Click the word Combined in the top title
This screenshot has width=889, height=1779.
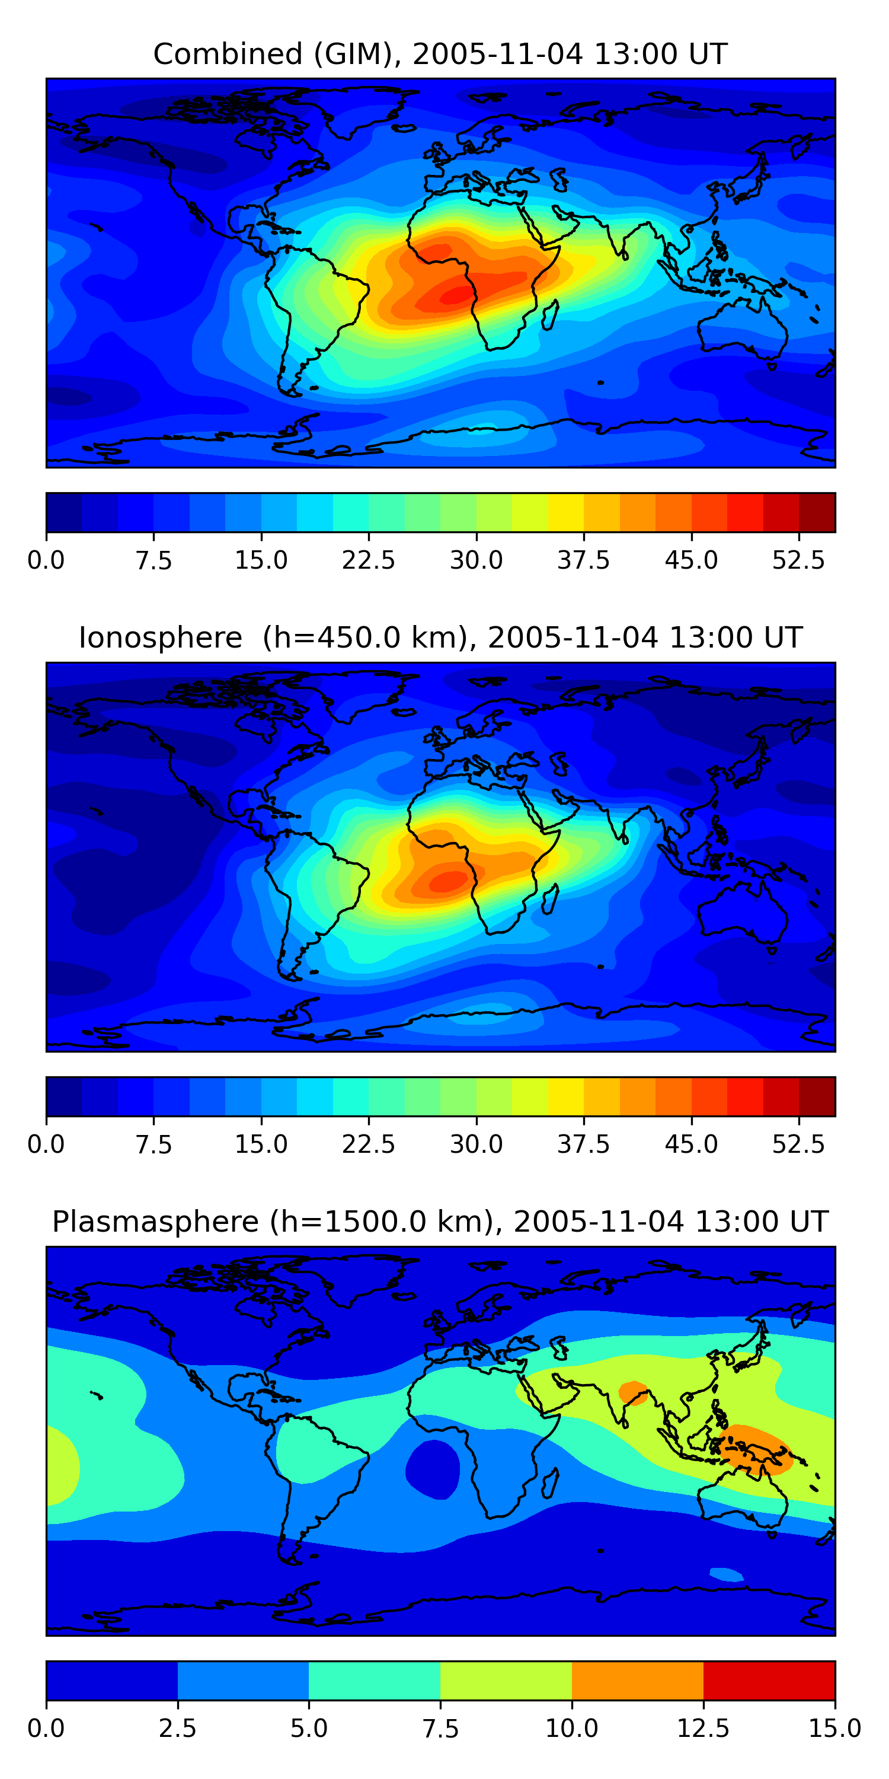pyautogui.click(x=228, y=54)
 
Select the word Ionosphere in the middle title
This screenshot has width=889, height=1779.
pyautogui.click(x=160, y=637)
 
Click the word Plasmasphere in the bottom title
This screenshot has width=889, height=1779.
pyautogui.click(x=155, y=1222)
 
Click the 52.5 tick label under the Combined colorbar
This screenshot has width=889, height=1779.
pyautogui.click(x=798, y=560)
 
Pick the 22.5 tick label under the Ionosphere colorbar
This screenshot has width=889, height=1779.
pyautogui.click(x=369, y=1144)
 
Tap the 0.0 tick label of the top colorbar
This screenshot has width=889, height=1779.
pyautogui.click(x=46, y=560)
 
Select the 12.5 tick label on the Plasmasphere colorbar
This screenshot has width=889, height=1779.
pyautogui.click(x=703, y=1728)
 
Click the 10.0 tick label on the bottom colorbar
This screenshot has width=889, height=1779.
pyautogui.click(x=571, y=1728)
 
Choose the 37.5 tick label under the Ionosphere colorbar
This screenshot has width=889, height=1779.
pyautogui.click(x=584, y=1144)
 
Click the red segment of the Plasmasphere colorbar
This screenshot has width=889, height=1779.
pyautogui.click(x=769, y=1680)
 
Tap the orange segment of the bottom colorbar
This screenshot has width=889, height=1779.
pyautogui.click(x=637, y=1680)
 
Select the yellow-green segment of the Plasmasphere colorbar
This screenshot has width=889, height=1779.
pyautogui.click(x=506, y=1680)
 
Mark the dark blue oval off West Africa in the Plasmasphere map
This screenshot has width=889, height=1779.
pyautogui.click(x=432, y=1469)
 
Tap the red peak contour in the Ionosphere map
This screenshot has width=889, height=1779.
pyautogui.click(x=449, y=881)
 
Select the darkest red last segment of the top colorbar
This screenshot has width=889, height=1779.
pyautogui.click(x=817, y=512)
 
